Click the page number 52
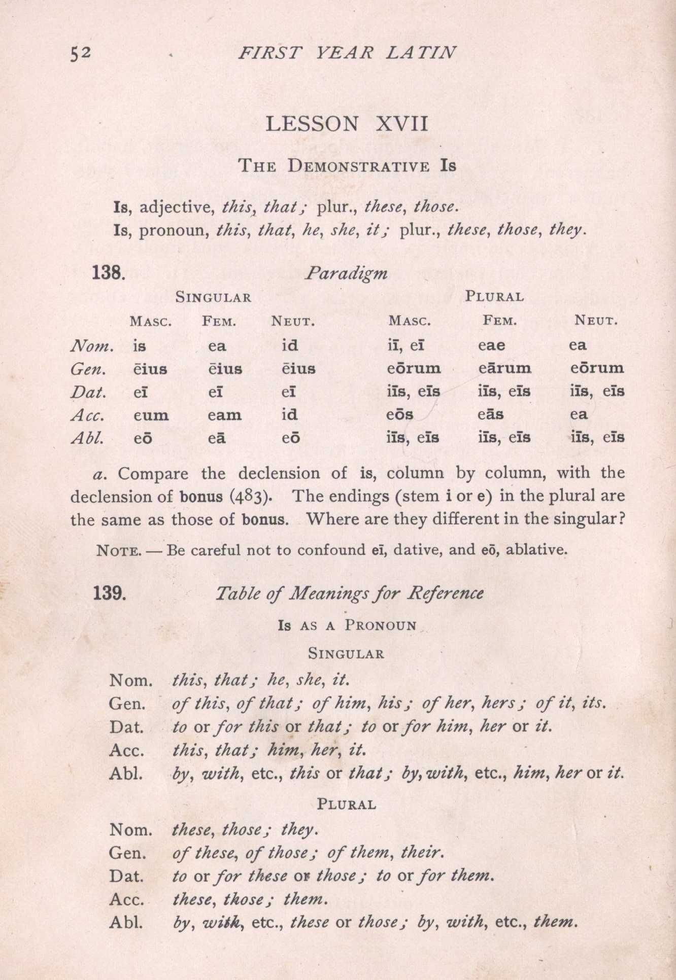click(x=81, y=53)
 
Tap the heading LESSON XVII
click(x=347, y=124)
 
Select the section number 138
click(x=108, y=273)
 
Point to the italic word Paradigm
click(x=346, y=274)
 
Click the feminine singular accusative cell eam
click(x=224, y=415)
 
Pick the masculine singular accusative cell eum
click(x=151, y=415)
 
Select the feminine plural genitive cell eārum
click(x=504, y=368)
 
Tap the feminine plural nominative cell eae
click(x=491, y=345)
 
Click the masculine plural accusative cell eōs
click(x=400, y=415)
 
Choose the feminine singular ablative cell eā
click(x=217, y=438)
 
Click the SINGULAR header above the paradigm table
click(x=213, y=297)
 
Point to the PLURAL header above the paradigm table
click(x=494, y=297)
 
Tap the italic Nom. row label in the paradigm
click(x=91, y=346)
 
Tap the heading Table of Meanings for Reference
click(x=349, y=593)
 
